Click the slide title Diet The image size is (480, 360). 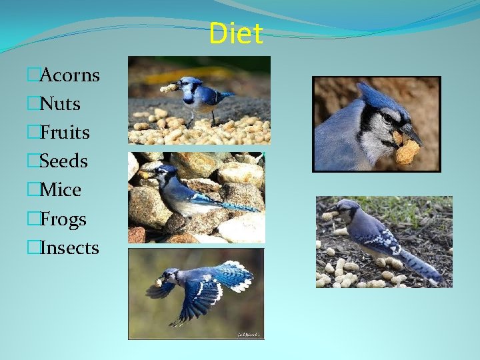[x=236, y=34]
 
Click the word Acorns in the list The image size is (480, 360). [x=69, y=75]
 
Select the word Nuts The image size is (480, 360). [x=60, y=104]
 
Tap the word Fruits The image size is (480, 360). [x=65, y=133]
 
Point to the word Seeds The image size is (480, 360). [x=64, y=161]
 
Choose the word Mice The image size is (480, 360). [x=61, y=190]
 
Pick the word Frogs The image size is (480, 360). [x=63, y=219]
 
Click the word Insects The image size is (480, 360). [x=69, y=248]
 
